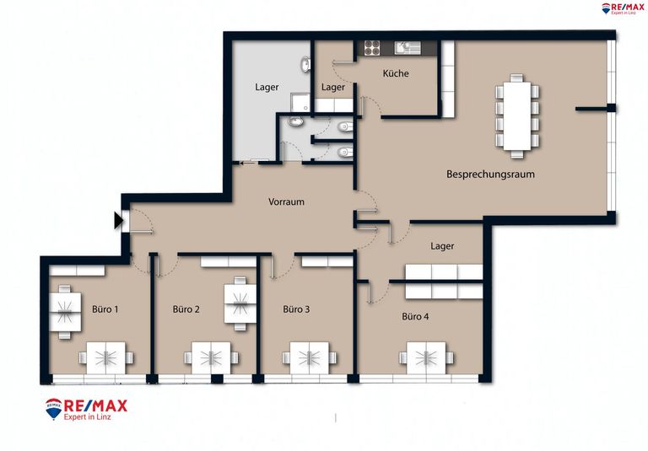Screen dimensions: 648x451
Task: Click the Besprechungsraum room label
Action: click(490, 174)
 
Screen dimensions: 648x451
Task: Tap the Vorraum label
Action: click(286, 202)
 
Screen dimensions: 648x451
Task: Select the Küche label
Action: click(396, 73)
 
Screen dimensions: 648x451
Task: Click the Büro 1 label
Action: click(105, 309)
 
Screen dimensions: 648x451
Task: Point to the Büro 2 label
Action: click(186, 309)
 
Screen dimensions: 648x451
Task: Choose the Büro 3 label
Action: click(296, 309)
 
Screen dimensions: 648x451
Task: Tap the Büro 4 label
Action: click(415, 316)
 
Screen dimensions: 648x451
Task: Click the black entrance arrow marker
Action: click(119, 221)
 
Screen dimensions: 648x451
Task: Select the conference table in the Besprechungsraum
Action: click(517, 116)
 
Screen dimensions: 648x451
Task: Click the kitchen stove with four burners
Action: click(372, 48)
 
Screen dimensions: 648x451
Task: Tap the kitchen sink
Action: click(407, 48)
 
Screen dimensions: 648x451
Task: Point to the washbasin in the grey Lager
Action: click(305, 64)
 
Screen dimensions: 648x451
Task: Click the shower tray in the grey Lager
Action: click(300, 103)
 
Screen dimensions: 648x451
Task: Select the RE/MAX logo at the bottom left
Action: click(86, 409)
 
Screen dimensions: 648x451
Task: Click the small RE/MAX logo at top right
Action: click(623, 8)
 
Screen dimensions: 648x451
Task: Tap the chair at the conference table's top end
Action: click(516, 78)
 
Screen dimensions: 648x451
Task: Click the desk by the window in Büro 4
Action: click(426, 357)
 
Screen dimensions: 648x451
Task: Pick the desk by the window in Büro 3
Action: click(310, 357)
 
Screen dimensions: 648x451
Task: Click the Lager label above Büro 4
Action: click(442, 246)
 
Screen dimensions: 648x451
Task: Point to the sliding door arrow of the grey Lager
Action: click(247, 163)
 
